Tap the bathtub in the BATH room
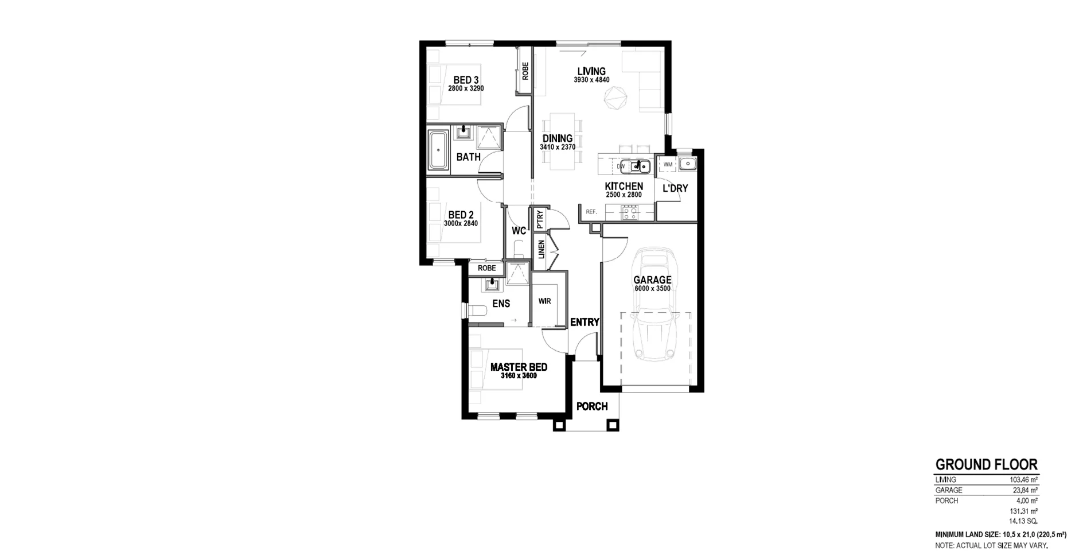coord(439,150)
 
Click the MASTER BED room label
coord(519,367)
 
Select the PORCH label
coord(592,406)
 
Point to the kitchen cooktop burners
coord(629,213)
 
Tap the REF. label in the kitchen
coord(591,212)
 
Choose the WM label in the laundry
coord(668,165)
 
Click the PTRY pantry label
coord(540,219)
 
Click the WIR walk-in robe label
coord(544,301)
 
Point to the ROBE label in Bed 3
coord(525,71)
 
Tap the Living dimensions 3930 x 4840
coord(591,80)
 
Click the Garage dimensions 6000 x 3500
coord(652,289)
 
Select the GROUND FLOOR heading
coord(986,464)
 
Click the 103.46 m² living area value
coord(1024,480)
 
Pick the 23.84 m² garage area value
coord(1025,490)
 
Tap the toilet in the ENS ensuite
coord(477,311)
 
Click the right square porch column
coord(613,425)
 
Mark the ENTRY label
coord(585,323)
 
